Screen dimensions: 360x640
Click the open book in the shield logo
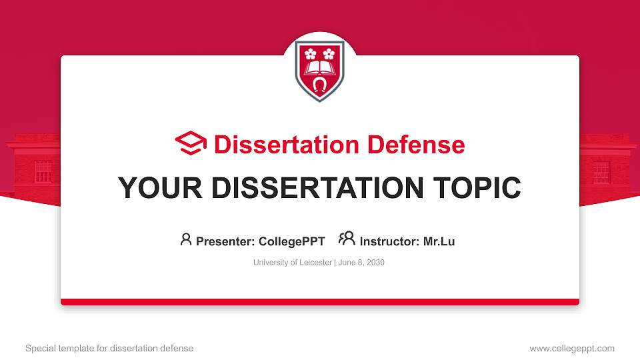click(320, 68)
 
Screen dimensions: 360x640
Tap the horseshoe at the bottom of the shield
click(320, 85)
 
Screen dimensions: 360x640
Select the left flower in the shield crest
click(310, 53)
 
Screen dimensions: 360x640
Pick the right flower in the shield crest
click(329, 53)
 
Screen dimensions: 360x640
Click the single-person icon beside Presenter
click(186, 239)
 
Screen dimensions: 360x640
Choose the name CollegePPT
click(291, 241)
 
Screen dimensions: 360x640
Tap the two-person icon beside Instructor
click(347, 239)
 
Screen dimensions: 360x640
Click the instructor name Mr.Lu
click(439, 241)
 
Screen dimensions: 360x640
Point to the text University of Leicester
click(292, 263)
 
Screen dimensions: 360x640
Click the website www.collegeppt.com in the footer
click(572, 348)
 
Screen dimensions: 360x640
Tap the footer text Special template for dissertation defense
click(109, 348)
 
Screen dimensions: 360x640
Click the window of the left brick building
click(43, 172)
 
